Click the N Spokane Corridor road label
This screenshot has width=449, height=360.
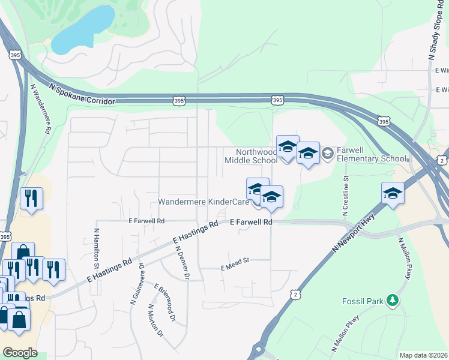point(82,94)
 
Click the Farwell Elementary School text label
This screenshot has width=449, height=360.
point(372,154)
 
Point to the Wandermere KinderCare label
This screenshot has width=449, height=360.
point(203,202)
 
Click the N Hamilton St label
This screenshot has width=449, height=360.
point(96,248)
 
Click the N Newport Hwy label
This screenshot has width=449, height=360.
point(355,232)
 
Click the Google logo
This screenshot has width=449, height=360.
point(20,352)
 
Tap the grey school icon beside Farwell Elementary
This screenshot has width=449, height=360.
point(328,154)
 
